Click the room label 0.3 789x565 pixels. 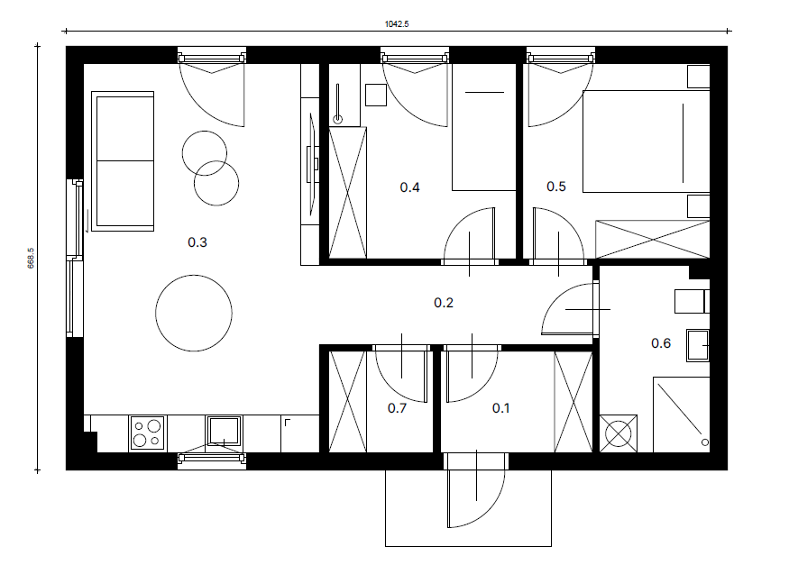click(197, 242)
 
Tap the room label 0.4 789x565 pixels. click(409, 187)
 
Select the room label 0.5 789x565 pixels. click(556, 187)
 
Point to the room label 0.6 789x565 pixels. click(661, 343)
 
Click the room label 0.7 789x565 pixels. click(397, 407)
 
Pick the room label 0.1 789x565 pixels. click(500, 407)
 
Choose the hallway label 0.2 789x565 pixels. click(444, 303)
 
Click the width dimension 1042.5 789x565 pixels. click(397, 24)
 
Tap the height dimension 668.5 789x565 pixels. click(31, 258)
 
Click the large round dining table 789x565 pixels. click(194, 313)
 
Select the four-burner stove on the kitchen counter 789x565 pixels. click(148, 433)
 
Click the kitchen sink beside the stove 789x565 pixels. click(224, 432)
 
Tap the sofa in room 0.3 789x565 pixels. click(123, 161)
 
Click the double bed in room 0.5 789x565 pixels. click(647, 141)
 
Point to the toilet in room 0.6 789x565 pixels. click(692, 302)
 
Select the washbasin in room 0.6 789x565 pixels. click(698, 345)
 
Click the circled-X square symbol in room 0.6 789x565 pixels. click(619, 433)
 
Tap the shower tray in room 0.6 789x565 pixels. click(682, 415)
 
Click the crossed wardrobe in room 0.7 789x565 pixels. click(347, 401)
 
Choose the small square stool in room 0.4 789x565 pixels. click(376, 95)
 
